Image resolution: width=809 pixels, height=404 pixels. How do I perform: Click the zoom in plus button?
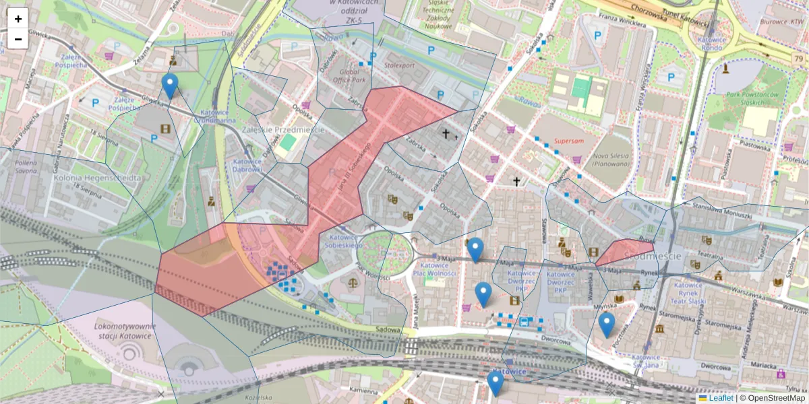click(18, 19)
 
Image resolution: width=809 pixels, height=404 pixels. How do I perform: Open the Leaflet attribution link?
click(720, 398)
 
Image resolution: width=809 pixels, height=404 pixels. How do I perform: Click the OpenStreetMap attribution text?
click(772, 398)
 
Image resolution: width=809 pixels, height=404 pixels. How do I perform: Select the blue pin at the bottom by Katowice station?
click(496, 384)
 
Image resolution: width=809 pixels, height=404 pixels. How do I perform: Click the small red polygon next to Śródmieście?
click(623, 252)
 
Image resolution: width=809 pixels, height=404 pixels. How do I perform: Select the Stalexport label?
click(399, 65)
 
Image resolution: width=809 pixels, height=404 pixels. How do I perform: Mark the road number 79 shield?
click(798, 60)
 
